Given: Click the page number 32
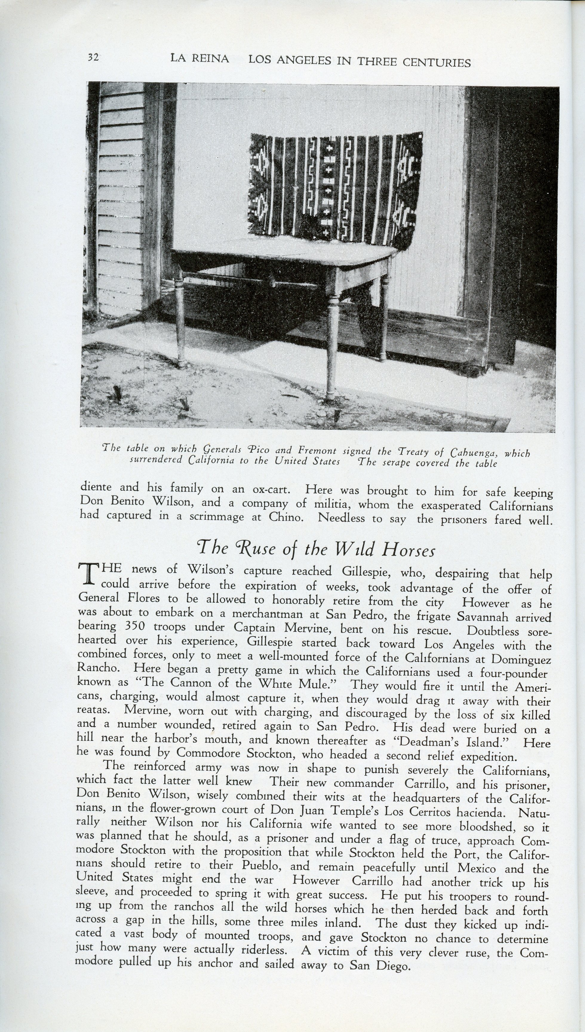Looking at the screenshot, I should click(x=93, y=57).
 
